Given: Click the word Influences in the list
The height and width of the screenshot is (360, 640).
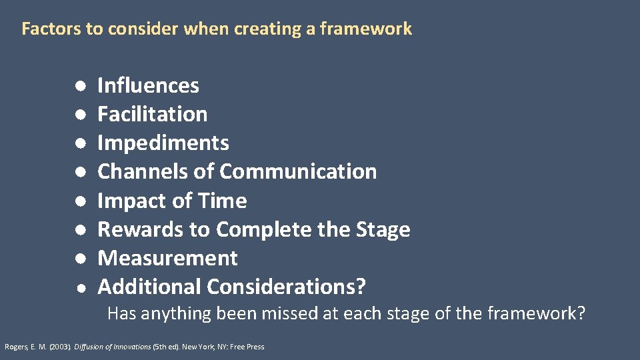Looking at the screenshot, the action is point(148,85).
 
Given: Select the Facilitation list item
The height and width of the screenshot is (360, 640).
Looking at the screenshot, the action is point(152,114).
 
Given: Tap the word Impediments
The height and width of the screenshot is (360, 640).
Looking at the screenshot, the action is point(163,143).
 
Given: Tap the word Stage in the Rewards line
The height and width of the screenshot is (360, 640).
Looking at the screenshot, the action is point(382,229).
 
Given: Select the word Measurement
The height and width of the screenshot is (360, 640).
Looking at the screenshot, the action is point(167,258).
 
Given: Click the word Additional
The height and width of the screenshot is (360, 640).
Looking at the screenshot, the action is point(149,287).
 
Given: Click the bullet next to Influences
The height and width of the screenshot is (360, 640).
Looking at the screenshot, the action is point(79,86).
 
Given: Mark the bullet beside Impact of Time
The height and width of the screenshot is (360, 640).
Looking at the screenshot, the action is point(79,201).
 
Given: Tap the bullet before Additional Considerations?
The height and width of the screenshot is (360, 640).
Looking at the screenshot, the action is point(79,287).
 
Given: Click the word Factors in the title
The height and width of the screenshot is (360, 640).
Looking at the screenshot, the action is point(44,29).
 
